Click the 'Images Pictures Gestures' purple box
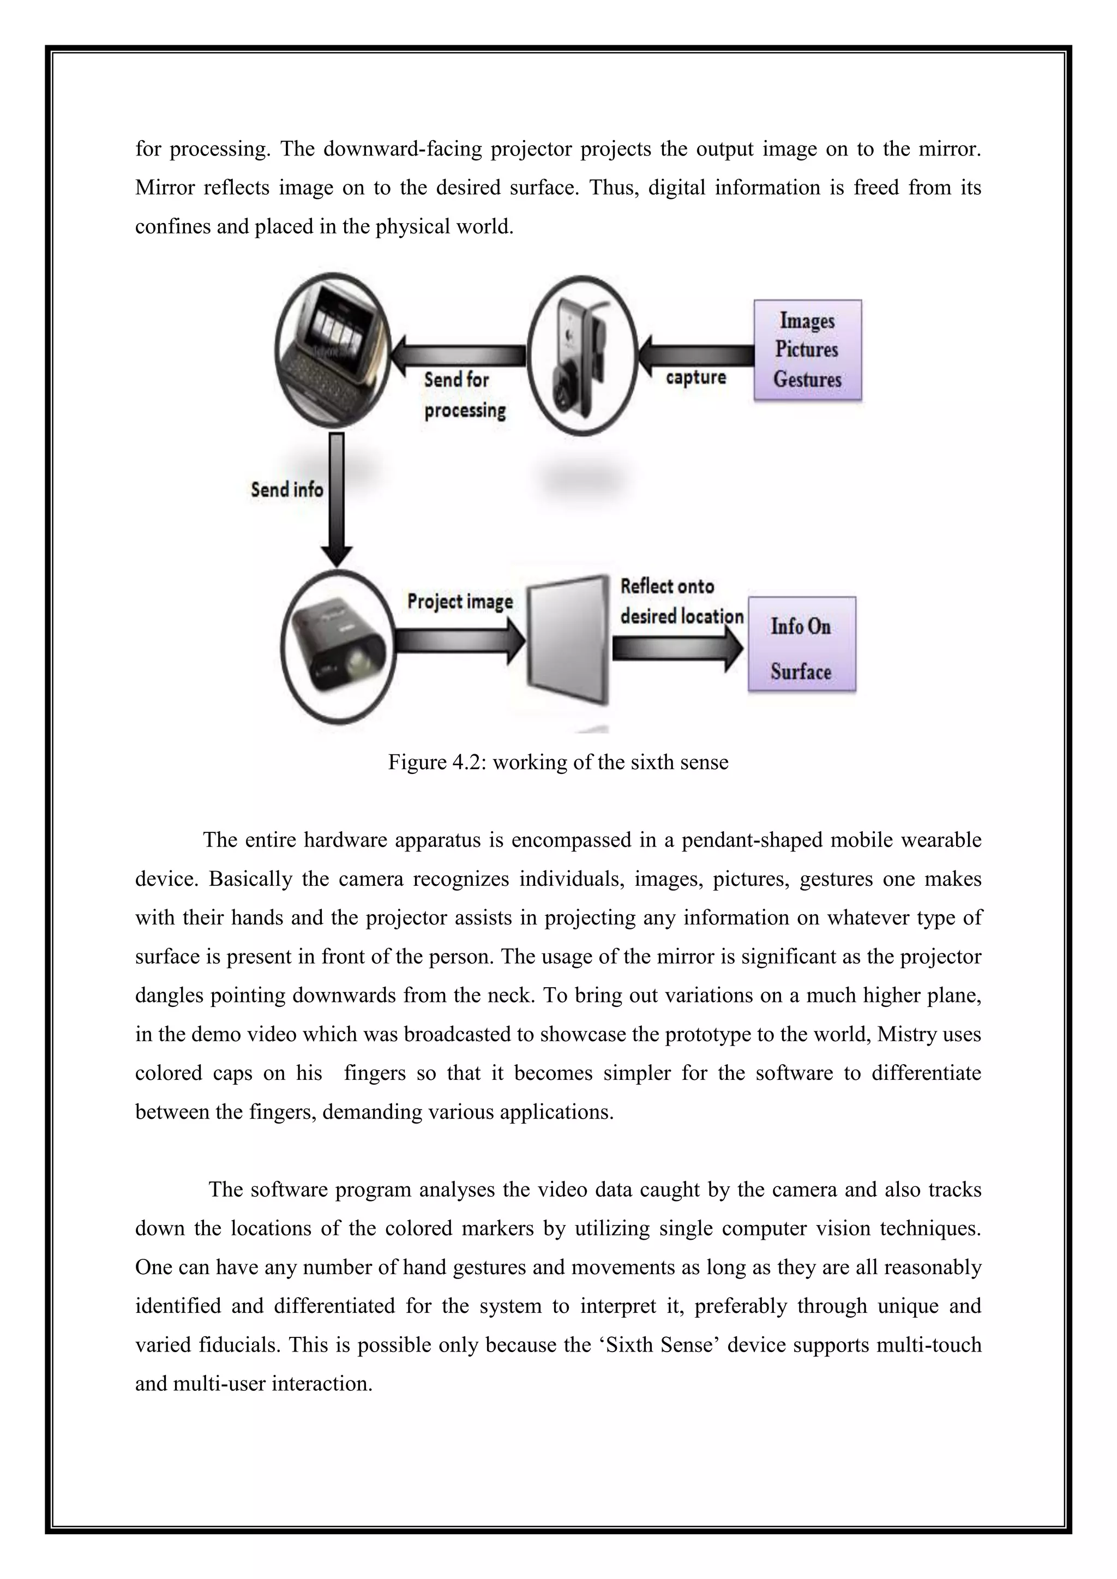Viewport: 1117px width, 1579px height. tap(808, 350)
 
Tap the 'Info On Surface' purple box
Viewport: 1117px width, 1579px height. tap(801, 644)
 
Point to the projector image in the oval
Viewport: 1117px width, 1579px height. tap(338, 646)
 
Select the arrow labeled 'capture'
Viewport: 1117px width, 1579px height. tap(696, 356)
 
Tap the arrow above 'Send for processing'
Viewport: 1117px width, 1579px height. tap(458, 356)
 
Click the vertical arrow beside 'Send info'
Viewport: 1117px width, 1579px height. tap(337, 499)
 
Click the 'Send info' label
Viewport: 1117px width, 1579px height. tap(287, 490)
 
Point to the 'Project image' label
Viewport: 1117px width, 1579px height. tap(459, 601)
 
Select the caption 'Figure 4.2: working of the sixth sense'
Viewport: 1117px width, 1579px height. tap(558, 762)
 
